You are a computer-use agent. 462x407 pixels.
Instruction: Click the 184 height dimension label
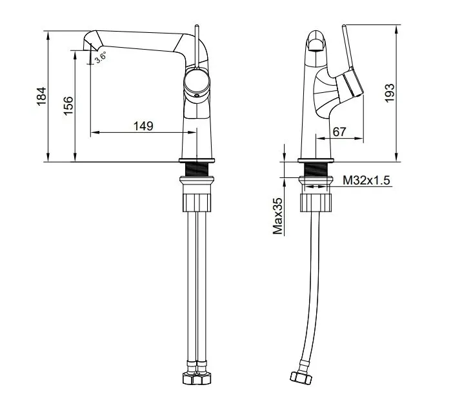(x=40, y=97)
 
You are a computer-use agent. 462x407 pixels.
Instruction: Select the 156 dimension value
(x=67, y=105)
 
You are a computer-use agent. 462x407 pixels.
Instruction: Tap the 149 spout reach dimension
(x=143, y=126)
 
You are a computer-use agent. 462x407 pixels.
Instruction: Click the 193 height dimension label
(x=388, y=92)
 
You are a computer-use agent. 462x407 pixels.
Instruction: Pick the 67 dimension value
(x=339, y=131)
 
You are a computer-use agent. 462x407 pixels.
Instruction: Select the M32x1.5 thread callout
(x=367, y=181)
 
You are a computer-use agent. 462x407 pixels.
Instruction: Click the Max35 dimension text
(x=278, y=216)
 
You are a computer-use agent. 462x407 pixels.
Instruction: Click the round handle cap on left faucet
(x=197, y=82)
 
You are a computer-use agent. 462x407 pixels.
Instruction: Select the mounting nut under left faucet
(x=197, y=197)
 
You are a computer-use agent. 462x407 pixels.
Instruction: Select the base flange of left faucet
(x=197, y=160)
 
